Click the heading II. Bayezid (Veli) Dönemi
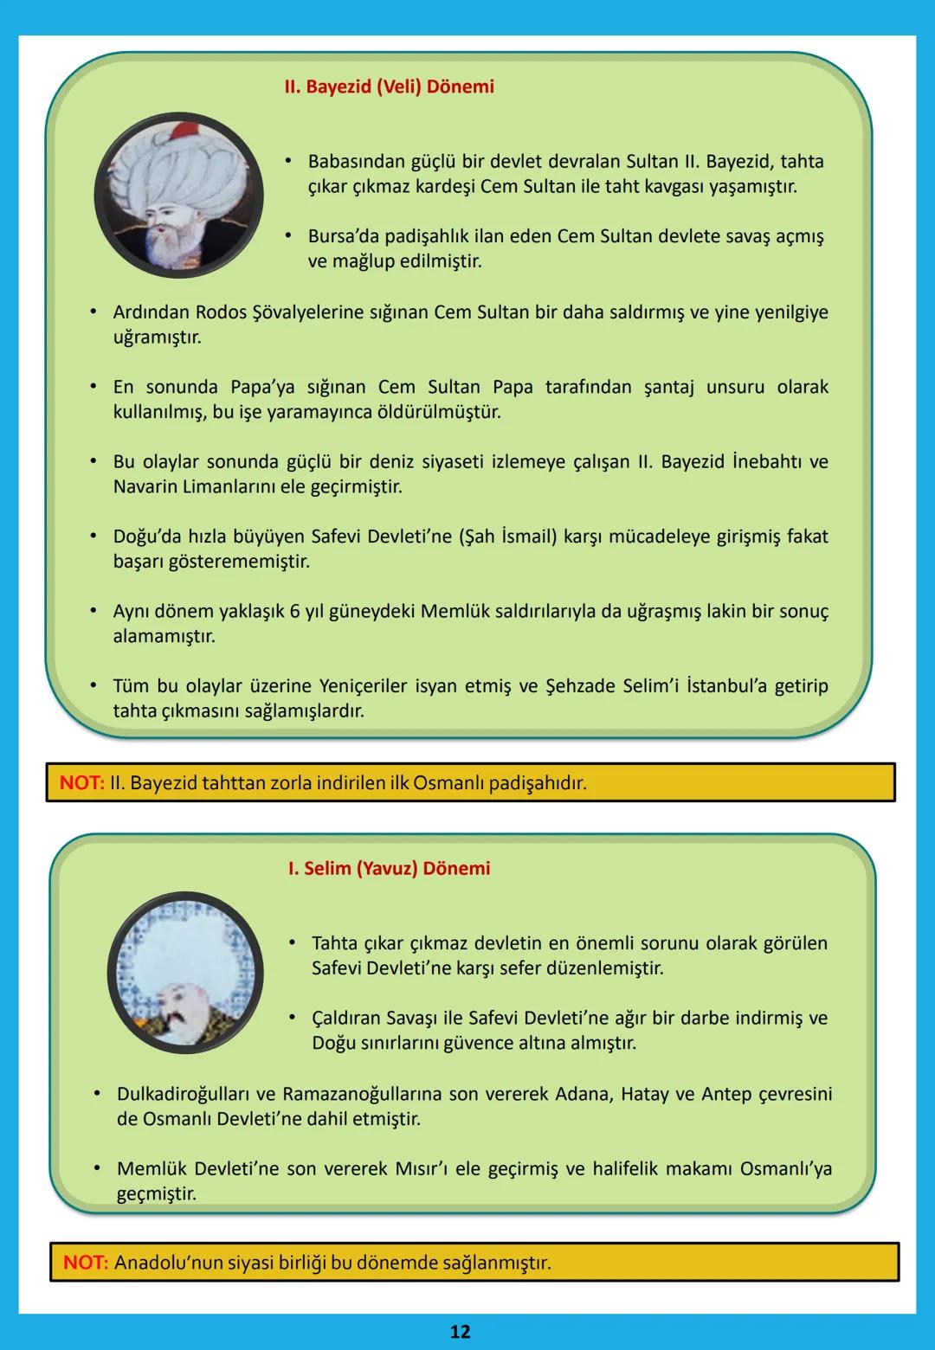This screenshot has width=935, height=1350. point(389,87)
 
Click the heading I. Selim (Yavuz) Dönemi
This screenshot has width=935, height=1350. point(389,868)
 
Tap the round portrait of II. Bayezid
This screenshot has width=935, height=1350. point(178,195)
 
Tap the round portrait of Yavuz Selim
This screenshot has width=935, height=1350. point(185,972)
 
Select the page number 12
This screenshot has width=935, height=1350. point(460,1331)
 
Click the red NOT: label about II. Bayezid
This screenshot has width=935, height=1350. point(81,783)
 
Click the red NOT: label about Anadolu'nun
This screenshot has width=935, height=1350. point(86,1263)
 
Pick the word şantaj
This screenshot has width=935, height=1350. point(668,387)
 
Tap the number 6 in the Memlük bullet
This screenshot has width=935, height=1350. point(294,612)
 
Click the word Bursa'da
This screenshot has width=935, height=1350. point(343,236)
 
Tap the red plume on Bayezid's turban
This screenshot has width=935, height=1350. point(183,132)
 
